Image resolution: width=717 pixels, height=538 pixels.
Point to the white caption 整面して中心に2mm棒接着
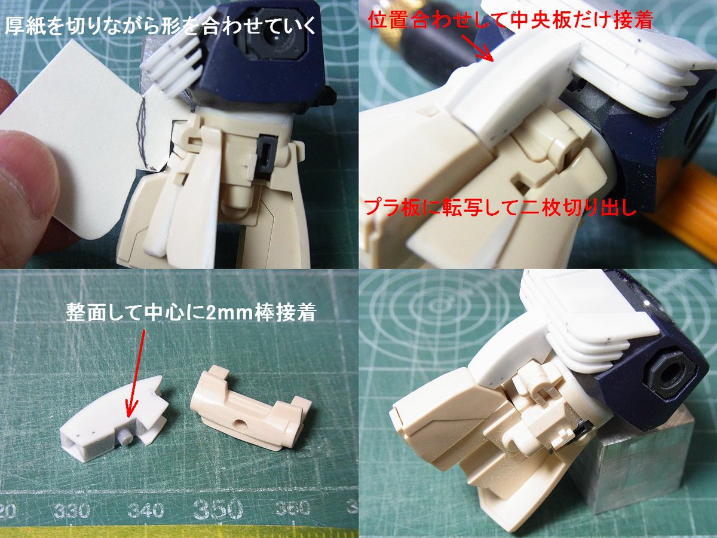coord(191,312)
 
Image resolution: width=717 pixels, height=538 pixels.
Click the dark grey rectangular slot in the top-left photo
coord(266,153)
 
